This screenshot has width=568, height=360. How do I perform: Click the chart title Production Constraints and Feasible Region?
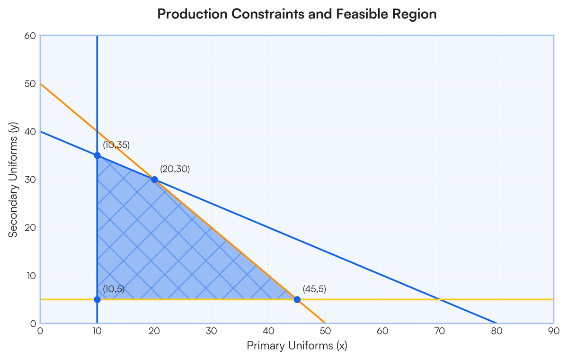297,14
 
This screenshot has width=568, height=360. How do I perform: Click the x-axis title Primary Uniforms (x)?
297,345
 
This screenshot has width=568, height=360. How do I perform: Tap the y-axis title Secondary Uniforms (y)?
13,180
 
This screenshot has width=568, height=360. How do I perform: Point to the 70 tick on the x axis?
440,331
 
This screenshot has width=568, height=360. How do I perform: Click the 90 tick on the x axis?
554,331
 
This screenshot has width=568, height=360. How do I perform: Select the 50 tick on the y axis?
30,84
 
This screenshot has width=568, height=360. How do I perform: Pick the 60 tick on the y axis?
30,36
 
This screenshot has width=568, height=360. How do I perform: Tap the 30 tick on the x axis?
211,331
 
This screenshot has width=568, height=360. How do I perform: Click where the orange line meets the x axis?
325,323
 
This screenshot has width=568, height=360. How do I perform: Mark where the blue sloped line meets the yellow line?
440,300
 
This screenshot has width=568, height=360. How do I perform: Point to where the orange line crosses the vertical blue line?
97,132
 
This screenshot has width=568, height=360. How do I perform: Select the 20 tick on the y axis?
30,227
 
